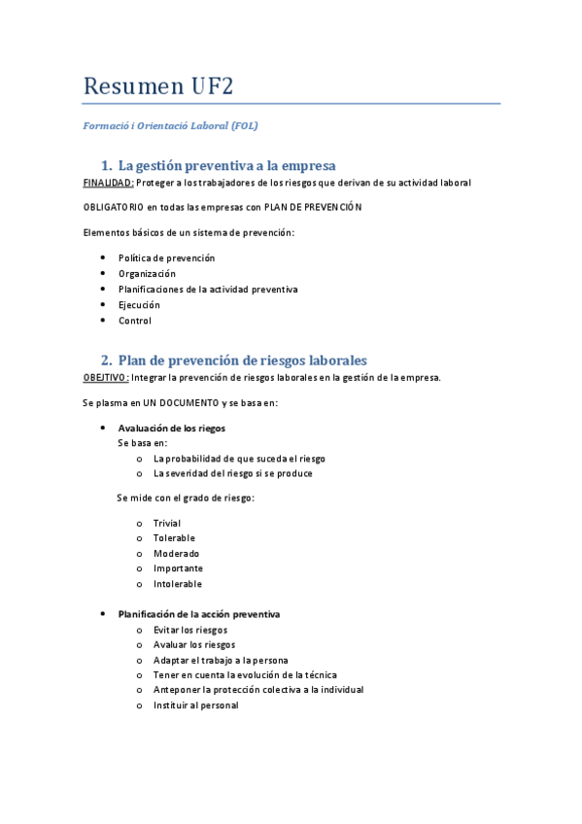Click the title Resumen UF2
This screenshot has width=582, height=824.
coord(159,86)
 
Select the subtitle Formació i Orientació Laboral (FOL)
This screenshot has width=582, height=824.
coord(171,125)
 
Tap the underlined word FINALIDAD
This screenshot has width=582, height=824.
coord(109,183)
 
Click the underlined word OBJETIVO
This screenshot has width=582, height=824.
coord(106,377)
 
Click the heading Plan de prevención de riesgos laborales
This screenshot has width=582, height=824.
coord(242,360)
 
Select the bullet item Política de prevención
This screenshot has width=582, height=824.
coord(166,257)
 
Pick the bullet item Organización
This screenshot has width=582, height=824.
coord(147,273)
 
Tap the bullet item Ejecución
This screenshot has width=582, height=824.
coord(139,305)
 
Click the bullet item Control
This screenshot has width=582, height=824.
coord(135,321)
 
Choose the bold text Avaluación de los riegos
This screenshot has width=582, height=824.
coord(172,429)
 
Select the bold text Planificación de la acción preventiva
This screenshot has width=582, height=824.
coord(199,614)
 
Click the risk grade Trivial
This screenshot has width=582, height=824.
coord(166,523)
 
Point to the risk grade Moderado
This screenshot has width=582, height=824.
coord(176,553)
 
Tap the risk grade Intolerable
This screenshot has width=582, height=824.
coord(178,584)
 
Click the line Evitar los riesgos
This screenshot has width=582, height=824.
coord(190,630)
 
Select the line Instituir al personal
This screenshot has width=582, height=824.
coord(195,705)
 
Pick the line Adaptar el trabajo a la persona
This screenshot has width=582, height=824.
coord(221,660)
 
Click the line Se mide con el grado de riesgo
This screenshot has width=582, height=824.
coord(187,498)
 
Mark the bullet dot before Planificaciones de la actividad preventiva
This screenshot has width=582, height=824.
coord(103,290)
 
